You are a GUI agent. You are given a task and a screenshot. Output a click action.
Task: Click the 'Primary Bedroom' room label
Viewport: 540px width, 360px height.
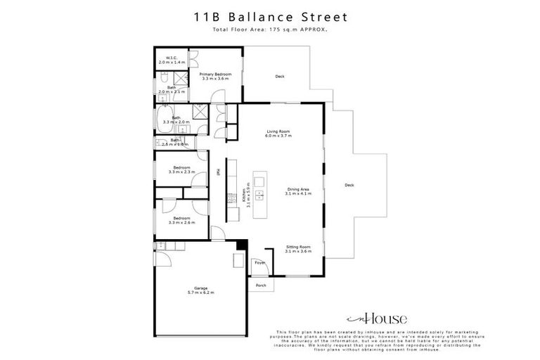pos(214,75)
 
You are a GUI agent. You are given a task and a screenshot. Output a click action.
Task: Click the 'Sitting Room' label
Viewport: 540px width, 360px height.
pos(297,247)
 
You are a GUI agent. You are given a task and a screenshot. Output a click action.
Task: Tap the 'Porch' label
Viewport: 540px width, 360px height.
pos(261,285)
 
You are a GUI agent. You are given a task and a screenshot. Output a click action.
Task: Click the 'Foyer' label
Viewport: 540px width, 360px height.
pos(259,263)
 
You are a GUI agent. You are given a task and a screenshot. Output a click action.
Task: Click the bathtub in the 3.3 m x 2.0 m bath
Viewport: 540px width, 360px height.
pos(164,118)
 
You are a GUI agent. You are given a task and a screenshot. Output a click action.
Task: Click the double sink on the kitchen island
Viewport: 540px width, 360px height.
pos(258,188)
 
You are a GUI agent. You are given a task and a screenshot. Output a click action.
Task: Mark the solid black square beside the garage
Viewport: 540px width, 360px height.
pos(241,244)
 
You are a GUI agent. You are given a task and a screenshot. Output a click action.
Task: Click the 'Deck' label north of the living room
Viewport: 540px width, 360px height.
pos(279,76)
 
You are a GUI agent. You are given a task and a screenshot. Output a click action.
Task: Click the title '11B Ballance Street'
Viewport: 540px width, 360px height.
pos(269,16)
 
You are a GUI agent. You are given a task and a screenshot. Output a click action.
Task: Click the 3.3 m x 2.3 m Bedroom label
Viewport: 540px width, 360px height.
pos(181,169)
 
